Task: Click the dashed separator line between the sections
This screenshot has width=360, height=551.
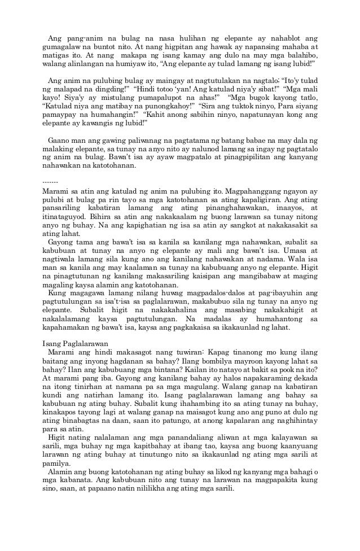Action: tap(50, 182)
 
